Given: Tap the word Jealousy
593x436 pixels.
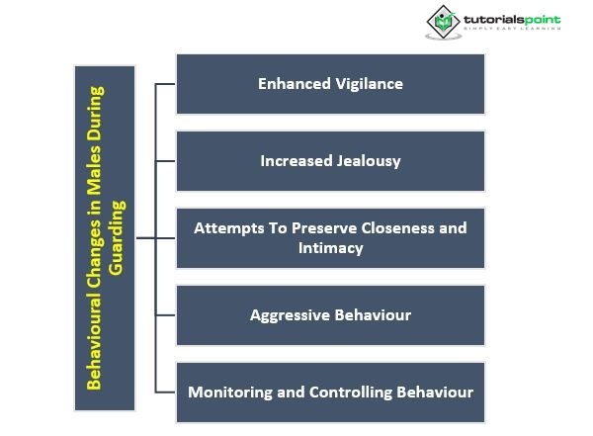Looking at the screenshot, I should [366, 160].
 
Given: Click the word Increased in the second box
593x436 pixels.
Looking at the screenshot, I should [295, 160].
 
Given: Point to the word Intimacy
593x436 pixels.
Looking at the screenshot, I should [331, 247].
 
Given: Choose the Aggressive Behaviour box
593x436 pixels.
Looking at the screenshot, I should [330, 315].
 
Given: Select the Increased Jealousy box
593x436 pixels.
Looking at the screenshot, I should [330, 160].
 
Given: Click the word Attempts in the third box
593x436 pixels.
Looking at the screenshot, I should [226, 227].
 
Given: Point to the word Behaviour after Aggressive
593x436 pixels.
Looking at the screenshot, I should [373, 315].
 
